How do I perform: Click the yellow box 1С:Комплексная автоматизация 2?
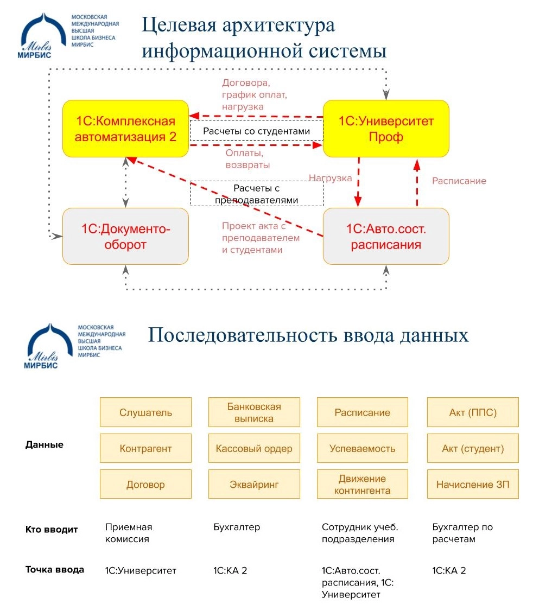[x=125, y=129]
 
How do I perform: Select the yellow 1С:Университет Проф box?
[x=386, y=129]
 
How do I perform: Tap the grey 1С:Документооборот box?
[x=125, y=237]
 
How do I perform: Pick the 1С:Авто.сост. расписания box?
[x=386, y=237]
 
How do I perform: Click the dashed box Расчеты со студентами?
[x=256, y=131]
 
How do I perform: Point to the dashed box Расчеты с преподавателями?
[x=256, y=194]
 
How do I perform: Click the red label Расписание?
[x=459, y=181]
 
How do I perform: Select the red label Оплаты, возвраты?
[x=248, y=158]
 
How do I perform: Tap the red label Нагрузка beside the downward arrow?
[x=330, y=177]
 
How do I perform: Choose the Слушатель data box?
[x=145, y=412]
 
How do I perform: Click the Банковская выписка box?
[x=254, y=412]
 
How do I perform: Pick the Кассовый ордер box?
[x=254, y=448]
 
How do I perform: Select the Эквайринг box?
[x=254, y=484]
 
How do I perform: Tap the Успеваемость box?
[x=362, y=448]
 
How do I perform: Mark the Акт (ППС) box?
[x=473, y=412]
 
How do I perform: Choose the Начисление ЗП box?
[x=473, y=484]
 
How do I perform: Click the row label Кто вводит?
[x=52, y=530]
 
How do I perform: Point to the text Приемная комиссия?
[x=129, y=533]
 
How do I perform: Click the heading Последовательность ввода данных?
[x=308, y=335]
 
